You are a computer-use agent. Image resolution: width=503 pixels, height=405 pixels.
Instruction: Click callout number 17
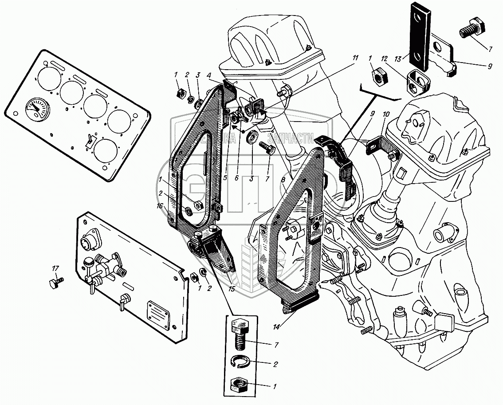coord(55,268)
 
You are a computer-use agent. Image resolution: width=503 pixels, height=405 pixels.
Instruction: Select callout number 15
coord(231,289)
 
